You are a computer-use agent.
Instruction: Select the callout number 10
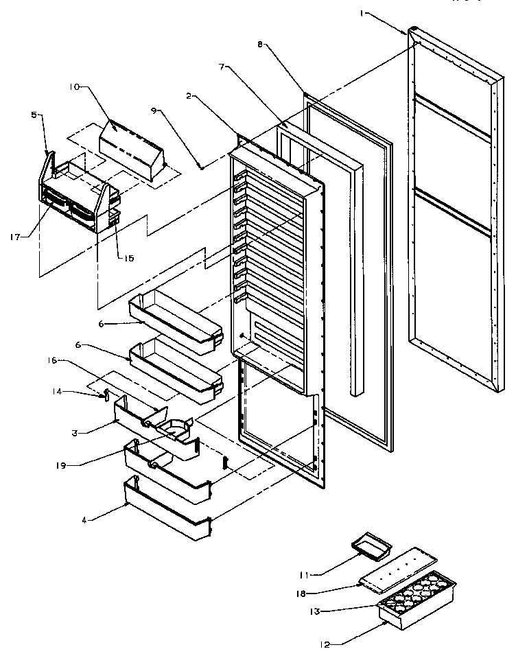(x=74, y=86)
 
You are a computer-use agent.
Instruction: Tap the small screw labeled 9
(x=199, y=165)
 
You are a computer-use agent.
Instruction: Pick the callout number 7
(x=222, y=67)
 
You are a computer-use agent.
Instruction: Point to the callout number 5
(x=34, y=115)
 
